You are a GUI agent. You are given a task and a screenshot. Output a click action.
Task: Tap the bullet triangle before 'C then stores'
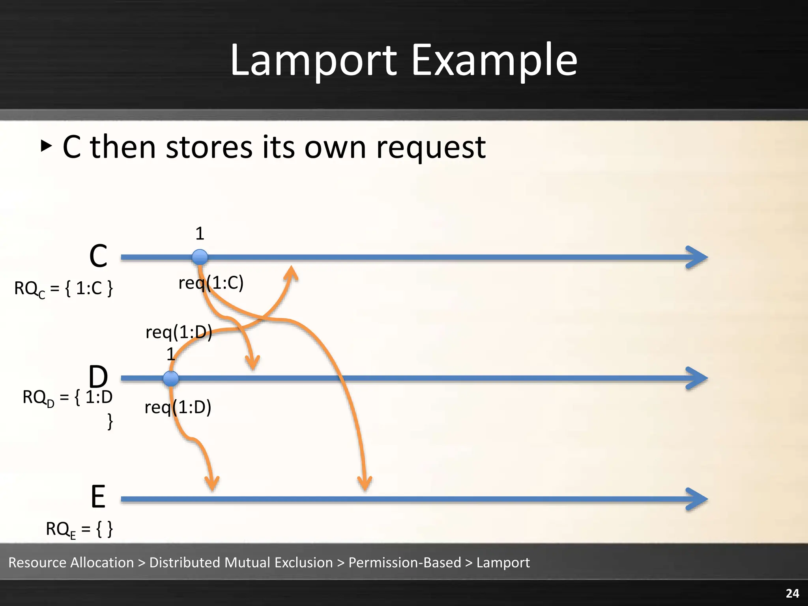[x=46, y=146]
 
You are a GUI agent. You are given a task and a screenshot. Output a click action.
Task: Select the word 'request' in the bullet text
[x=431, y=148]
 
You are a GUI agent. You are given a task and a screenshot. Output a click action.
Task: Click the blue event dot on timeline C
[x=200, y=257]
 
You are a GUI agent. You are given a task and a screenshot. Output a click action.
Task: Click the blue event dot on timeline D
[x=171, y=378]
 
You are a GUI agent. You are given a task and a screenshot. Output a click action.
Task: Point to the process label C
[x=98, y=256]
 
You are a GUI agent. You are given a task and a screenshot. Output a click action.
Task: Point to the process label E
[x=98, y=497]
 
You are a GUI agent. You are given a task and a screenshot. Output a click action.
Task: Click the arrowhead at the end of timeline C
[x=698, y=258]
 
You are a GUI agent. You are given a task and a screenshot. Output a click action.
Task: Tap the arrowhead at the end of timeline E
[x=698, y=499]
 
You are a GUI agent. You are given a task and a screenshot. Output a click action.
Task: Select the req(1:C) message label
[x=211, y=283]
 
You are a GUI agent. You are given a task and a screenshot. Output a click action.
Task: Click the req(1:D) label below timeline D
[x=178, y=407]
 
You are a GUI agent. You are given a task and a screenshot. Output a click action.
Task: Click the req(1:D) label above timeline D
[x=179, y=332]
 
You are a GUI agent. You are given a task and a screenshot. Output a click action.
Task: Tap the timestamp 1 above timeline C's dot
[x=200, y=234]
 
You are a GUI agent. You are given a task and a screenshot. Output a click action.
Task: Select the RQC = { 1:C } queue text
[x=64, y=288]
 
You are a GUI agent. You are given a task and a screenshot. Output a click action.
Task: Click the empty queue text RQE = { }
[x=79, y=529]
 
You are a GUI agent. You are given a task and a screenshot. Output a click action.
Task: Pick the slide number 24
[x=792, y=593]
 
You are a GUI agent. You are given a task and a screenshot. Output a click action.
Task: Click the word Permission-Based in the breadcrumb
[x=404, y=563]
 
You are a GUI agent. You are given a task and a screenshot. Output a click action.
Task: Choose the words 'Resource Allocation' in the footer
[x=71, y=563]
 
